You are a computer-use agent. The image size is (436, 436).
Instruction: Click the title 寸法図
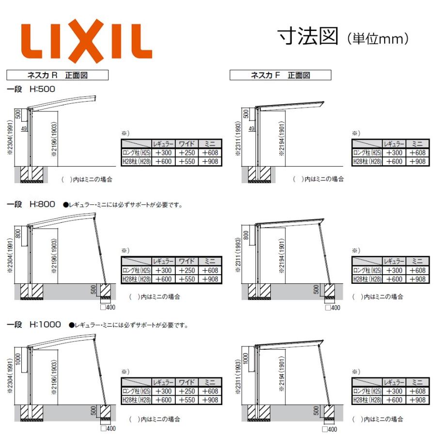(307, 37)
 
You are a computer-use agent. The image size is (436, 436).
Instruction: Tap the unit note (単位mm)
(378, 38)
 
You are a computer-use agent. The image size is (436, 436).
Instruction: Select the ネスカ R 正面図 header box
(57, 75)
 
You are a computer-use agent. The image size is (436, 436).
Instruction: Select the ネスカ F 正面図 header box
(280, 75)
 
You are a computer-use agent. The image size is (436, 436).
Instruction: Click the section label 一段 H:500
(31, 89)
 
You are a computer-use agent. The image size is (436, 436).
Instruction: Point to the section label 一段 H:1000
(34, 325)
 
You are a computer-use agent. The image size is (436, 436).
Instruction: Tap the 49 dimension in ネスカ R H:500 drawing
(24, 129)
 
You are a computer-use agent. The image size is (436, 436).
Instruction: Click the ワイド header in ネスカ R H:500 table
(187, 144)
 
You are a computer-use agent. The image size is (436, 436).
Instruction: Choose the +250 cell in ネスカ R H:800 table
(187, 270)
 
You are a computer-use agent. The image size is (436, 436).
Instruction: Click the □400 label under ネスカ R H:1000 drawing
(108, 428)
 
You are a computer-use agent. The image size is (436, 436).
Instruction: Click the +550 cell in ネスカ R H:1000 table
(187, 400)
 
